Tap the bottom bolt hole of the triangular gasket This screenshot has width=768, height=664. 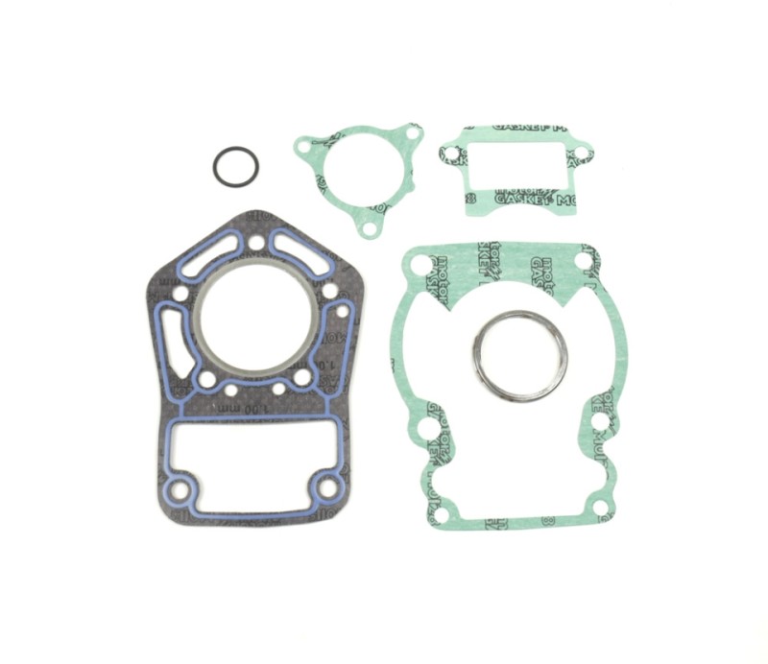click(365, 229)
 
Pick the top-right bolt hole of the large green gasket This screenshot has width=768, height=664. click(583, 262)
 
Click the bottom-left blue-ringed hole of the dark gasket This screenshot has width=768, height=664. click(178, 492)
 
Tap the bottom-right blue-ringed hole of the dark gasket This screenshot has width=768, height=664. click(326, 486)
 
